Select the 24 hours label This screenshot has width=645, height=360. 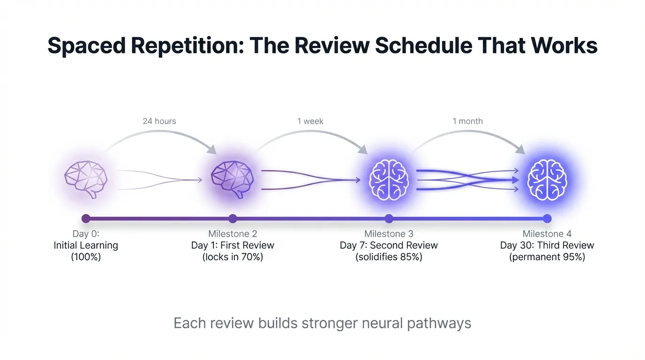click(159, 121)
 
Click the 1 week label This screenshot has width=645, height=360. click(310, 121)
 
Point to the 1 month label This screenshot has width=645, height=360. click(467, 121)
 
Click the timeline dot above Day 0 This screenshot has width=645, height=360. click(86, 218)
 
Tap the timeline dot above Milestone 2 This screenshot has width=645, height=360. click(233, 218)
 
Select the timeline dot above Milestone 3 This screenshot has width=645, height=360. click(389, 218)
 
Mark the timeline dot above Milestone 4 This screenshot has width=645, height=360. click(547, 218)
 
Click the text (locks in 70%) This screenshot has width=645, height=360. click(232, 257)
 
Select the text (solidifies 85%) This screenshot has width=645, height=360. click(389, 257)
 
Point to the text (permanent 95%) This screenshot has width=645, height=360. click(547, 257)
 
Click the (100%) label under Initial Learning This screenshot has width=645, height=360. click(86, 257)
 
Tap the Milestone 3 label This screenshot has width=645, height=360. click(389, 233)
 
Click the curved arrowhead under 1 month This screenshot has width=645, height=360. click(520, 150)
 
